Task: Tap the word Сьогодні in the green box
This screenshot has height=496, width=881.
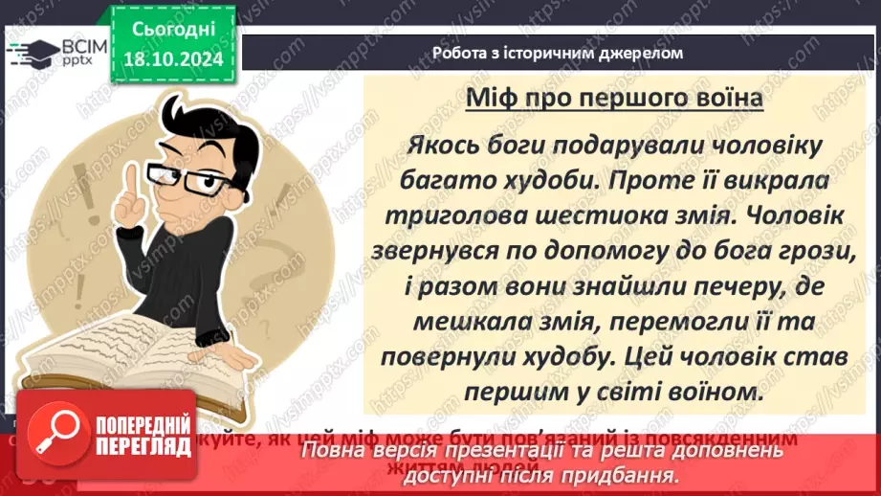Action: [173, 29]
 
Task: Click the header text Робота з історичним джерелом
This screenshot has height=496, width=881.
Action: [558, 53]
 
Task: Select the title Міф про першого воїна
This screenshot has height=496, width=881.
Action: [612, 99]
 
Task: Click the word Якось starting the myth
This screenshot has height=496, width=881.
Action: [439, 145]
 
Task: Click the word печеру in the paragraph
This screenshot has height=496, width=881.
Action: [705, 285]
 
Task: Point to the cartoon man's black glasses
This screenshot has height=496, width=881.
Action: [201, 180]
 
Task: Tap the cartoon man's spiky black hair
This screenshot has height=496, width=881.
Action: [191, 115]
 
